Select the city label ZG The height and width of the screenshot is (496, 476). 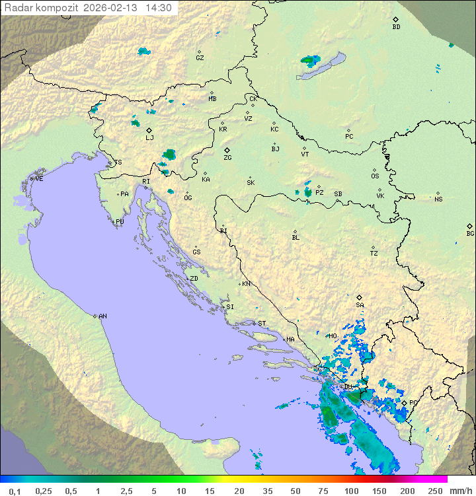227,159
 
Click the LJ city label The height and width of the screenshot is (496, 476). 149,138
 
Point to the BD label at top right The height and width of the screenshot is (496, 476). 396,27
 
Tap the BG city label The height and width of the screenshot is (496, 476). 470,234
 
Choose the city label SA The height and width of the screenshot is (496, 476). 360,305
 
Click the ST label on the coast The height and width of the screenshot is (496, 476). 262,324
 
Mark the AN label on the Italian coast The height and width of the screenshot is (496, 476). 102,316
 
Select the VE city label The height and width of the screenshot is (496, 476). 39,179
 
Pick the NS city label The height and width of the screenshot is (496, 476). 438,199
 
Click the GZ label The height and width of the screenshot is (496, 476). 200,58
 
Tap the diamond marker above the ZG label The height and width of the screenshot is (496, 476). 227,151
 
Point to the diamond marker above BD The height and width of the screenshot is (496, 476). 395,20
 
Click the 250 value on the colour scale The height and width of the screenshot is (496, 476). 434,491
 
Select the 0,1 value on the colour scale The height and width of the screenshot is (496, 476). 15,491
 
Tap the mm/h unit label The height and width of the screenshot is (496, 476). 461,491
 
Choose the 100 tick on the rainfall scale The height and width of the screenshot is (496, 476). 351,491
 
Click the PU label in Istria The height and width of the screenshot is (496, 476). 120,222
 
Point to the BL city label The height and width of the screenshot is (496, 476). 296,238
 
